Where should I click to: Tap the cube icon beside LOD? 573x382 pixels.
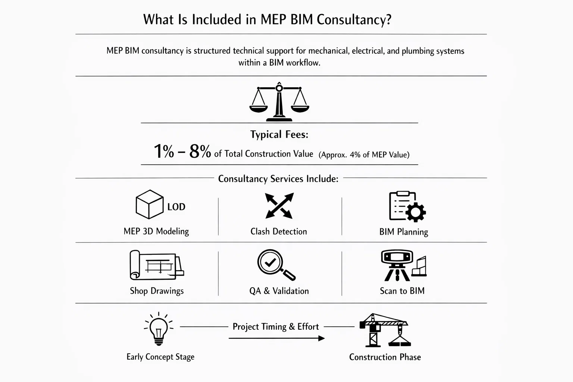click(149, 204)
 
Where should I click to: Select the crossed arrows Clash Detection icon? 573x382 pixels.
click(279, 206)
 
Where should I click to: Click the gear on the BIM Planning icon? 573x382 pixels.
click(415, 212)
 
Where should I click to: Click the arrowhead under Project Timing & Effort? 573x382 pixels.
click(321, 338)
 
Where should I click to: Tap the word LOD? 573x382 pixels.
click(176, 207)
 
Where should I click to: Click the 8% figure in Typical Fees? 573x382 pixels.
click(200, 152)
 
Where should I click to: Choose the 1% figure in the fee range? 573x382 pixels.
click(164, 152)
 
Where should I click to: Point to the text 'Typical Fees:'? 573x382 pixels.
click(279, 135)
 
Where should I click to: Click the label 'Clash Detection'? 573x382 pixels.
click(279, 232)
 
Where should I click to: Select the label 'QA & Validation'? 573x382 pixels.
click(279, 291)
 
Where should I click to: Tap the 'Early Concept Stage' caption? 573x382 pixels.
click(160, 357)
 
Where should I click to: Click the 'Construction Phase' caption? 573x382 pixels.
click(385, 357)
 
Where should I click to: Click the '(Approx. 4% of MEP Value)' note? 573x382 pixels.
click(364, 155)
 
